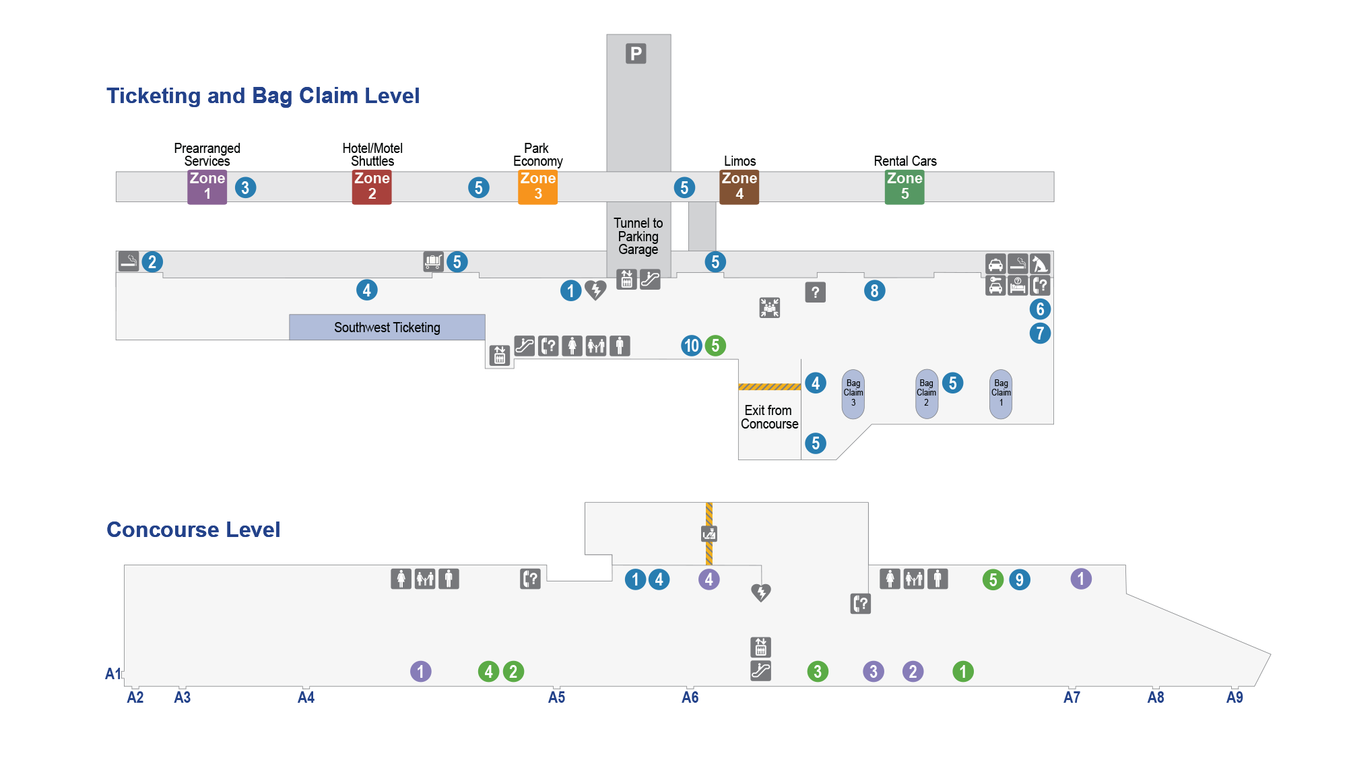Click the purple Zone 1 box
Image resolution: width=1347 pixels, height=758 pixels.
click(x=207, y=187)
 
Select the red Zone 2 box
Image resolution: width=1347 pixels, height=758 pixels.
click(x=372, y=187)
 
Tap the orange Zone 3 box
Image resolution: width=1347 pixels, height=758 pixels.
click(x=537, y=187)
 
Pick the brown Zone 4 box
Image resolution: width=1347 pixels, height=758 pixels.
click(x=739, y=187)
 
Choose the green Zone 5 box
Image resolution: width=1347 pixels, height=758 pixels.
click(x=905, y=187)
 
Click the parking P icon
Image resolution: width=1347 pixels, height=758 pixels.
click(x=636, y=53)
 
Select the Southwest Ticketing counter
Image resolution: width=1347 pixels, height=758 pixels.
click(x=387, y=327)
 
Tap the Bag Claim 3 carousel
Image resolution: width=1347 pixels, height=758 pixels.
click(x=853, y=394)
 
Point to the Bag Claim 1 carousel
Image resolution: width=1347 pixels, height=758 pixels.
click(x=1001, y=394)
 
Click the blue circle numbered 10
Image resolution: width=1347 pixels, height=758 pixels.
click(x=692, y=346)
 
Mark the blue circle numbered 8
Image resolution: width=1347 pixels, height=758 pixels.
click(x=874, y=291)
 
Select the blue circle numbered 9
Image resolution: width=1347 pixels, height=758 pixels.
click(x=1020, y=579)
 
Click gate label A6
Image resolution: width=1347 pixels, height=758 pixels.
click(x=690, y=697)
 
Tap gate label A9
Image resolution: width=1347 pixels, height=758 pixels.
click(x=1235, y=697)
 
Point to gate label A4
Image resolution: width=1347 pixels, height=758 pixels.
click(x=306, y=697)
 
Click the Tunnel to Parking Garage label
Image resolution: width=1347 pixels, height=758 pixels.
click(x=638, y=236)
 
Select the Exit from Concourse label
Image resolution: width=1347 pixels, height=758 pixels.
click(x=770, y=417)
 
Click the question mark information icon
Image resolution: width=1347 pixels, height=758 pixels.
click(x=815, y=292)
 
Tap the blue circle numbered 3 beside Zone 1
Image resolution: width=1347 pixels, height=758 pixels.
click(x=245, y=187)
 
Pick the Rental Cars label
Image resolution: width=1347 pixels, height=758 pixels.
click(x=905, y=161)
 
